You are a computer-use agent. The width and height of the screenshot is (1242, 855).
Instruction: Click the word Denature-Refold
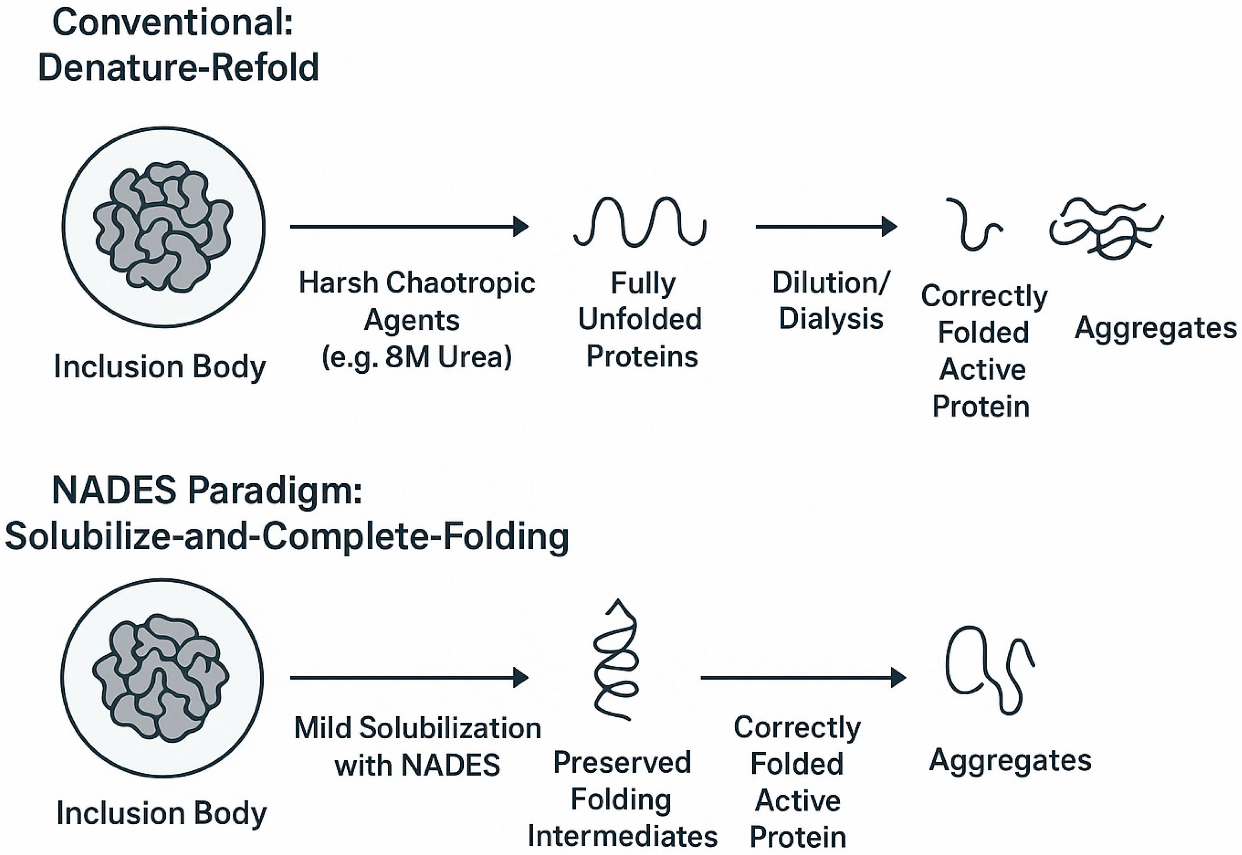coord(178,68)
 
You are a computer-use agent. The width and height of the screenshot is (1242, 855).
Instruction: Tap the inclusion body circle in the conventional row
coord(163,227)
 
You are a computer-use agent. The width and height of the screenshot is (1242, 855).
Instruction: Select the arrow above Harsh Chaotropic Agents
coord(409,227)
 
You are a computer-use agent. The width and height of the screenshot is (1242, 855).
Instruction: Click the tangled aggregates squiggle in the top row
coord(1104,228)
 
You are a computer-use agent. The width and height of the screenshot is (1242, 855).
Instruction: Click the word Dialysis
coord(831,319)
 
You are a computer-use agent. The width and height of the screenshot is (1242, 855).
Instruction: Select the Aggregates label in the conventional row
coord(1155,328)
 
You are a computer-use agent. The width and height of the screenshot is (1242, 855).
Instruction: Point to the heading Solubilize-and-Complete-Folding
coord(287,537)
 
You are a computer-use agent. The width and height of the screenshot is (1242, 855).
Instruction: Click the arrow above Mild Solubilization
coord(409,678)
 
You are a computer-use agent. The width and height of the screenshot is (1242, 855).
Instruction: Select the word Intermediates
coord(622,836)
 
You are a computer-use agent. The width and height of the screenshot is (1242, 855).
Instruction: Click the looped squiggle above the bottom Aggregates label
coord(989,670)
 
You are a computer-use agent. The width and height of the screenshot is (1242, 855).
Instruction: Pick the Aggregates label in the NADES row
coord(1010,760)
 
